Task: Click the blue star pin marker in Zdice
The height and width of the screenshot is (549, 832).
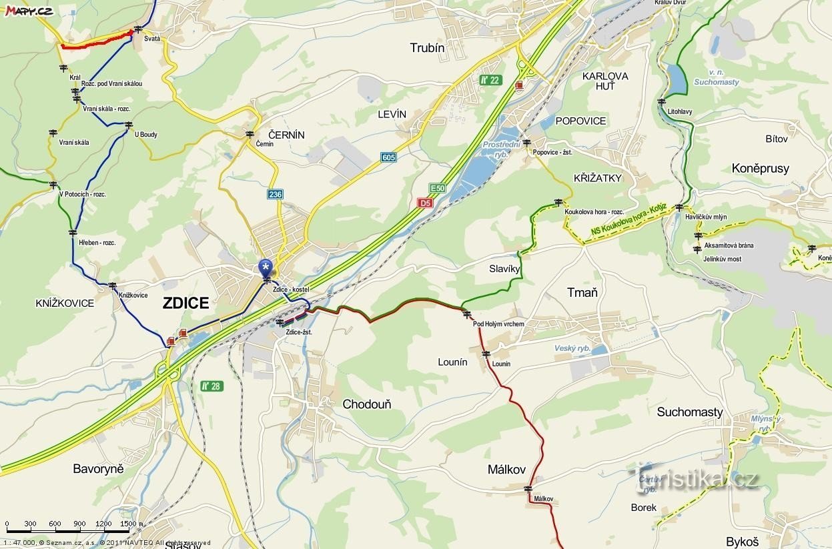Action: [x=266, y=267]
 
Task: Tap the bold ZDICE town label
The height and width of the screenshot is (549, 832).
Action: [x=186, y=304]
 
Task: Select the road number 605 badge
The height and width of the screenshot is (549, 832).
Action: [x=389, y=157]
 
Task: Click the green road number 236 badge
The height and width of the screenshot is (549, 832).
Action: [x=275, y=194]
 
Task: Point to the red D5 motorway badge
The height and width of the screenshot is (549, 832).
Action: [x=425, y=202]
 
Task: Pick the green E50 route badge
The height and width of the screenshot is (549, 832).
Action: [x=437, y=188]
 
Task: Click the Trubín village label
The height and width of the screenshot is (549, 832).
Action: [x=427, y=48]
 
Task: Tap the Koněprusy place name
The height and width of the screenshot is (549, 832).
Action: [x=760, y=169]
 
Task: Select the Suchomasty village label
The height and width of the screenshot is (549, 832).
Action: [x=689, y=412]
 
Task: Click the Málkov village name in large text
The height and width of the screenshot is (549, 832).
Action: [x=506, y=470]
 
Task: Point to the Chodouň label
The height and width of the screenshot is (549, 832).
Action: [x=366, y=404]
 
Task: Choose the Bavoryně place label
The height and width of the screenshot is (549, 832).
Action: [x=98, y=469]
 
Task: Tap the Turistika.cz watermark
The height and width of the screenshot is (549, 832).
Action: [x=697, y=478]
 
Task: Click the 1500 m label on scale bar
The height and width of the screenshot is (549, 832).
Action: [x=131, y=524]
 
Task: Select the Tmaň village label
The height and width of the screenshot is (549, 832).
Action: [x=582, y=293]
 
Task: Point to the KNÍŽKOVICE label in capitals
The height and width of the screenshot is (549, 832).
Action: [x=65, y=304]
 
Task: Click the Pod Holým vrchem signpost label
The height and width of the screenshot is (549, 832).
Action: [x=498, y=324]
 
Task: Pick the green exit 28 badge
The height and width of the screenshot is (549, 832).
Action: [x=212, y=386]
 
